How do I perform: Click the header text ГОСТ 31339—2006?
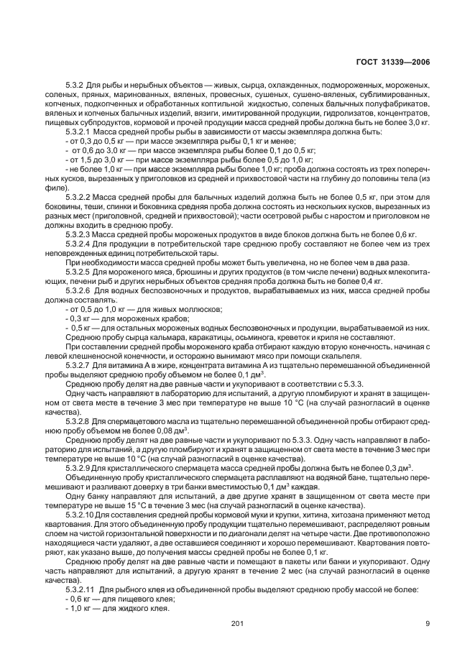pyautogui.click(x=395, y=63)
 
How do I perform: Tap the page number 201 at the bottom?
pyautogui.click(x=238, y=623)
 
